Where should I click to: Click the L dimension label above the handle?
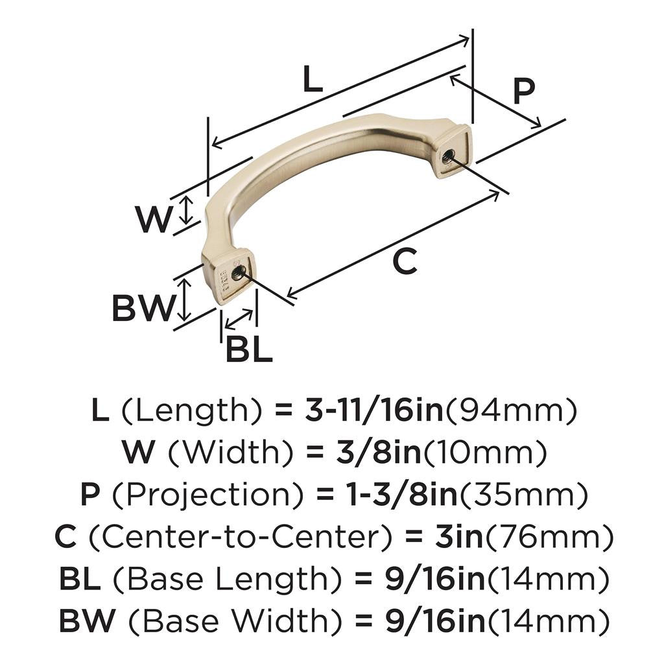(313, 80)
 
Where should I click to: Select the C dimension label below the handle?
(405, 261)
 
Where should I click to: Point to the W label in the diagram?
(153, 220)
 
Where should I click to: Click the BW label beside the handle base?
(143, 308)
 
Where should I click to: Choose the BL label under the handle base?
(248, 350)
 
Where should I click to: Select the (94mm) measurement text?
(510, 411)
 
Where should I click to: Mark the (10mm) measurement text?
(485, 453)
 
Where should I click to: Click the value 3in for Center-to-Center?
(460, 538)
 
